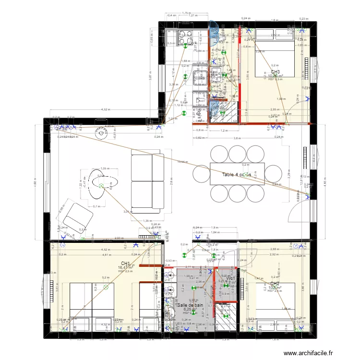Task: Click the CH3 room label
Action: point(275,72)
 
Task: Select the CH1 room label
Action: point(126,264)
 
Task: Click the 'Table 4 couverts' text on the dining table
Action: point(236,175)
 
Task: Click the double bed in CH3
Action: point(274,53)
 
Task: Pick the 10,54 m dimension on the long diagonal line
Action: point(182,162)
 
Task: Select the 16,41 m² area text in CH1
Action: point(126,268)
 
